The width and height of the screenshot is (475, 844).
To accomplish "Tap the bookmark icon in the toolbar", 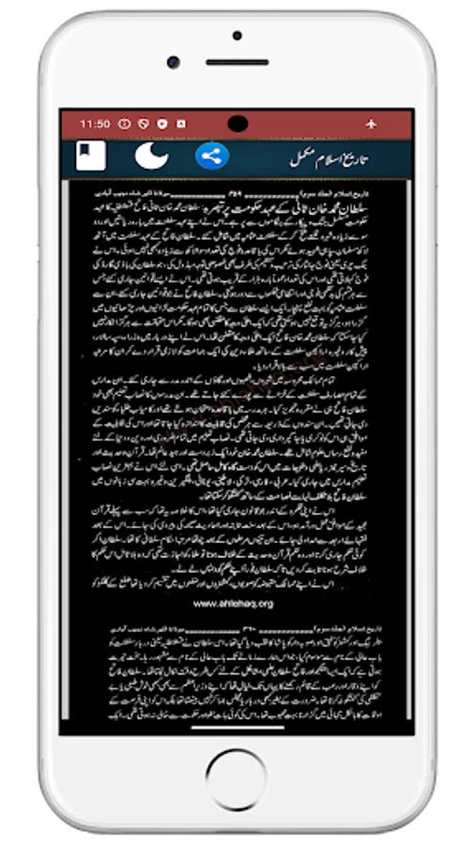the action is pyautogui.click(x=91, y=155).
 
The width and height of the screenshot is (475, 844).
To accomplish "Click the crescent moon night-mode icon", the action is pyautogui.click(x=151, y=155).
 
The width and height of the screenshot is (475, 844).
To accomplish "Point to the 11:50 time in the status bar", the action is pyautogui.click(x=95, y=124).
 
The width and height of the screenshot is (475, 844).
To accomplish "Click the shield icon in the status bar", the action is pyautogui.click(x=161, y=124).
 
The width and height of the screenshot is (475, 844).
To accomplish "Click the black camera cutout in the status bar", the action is pyautogui.click(x=237, y=123).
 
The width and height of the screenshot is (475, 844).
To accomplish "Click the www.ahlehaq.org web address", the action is pyautogui.click(x=233, y=603).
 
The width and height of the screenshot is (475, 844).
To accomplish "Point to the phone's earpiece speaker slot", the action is pyautogui.click(x=237, y=63).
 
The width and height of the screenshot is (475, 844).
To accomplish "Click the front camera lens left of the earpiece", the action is pyautogui.click(x=174, y=63).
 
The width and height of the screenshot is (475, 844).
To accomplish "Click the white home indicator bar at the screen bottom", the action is pyautogui.click(x=237, y=725).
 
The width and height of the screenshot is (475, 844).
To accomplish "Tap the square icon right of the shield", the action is pyautogui.click(x=180, y=124).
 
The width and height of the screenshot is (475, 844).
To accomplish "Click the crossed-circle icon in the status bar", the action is pyautogui.click(x=143, y=124).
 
